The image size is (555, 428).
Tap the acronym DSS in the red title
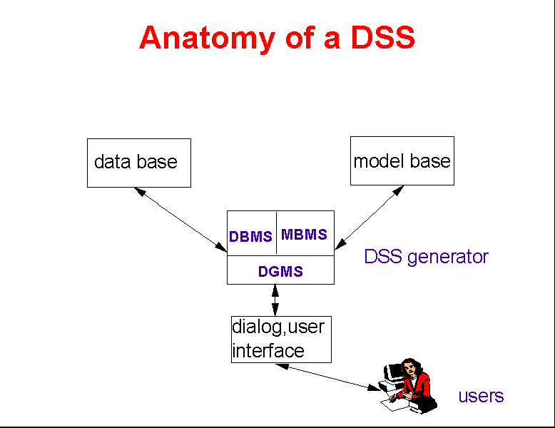tap(382, 38)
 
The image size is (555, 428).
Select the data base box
tap(138, 163)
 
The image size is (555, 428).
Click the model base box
tap(402, 160)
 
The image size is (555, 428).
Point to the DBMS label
tap(250, 237)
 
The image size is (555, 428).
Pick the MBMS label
tap(304, 234)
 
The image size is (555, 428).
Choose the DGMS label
tap(280, 271)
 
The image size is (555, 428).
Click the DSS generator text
tap(426, 257)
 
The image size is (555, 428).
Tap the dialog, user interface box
tap(281, 339)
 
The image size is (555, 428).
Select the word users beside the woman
tap(481, 396)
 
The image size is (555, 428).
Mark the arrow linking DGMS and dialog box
tap(275, 300)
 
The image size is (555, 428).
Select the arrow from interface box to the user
tap(327, 377)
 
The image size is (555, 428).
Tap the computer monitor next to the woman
tap(394, 372)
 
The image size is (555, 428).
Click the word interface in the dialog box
tap(268, 351)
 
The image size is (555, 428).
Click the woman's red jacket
tap(421, 385)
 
